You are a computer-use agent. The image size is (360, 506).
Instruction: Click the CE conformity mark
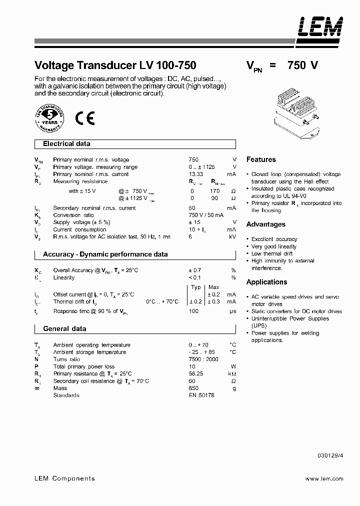point(84,118)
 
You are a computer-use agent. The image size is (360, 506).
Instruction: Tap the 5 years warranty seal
point(49,118)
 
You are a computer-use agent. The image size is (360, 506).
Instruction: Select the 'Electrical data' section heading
point(66,144)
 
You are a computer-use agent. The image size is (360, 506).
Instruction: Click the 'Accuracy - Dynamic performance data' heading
point(105,254)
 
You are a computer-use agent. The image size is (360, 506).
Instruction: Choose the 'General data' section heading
point(64,329)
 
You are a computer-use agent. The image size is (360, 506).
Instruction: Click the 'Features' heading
point(261,159)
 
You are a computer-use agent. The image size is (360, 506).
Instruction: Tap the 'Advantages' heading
point(266,224)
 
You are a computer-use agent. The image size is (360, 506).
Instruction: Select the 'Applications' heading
point(267,282)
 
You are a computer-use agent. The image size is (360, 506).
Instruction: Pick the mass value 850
point(193,388)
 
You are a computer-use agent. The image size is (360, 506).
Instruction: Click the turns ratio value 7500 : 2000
point(203,359)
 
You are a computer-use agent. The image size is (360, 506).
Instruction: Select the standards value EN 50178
point(201,395)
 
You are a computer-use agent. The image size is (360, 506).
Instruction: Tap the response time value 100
point(193,311)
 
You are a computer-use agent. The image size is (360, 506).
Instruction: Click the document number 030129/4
point(330,455)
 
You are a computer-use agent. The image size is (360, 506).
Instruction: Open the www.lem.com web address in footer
point(324,479)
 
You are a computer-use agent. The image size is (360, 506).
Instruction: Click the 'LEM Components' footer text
point(64,478)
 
